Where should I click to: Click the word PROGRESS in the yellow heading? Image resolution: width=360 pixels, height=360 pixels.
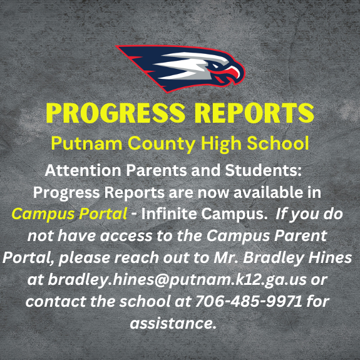click(x=111, y=113)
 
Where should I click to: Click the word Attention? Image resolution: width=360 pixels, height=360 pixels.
click(x=83, y=170)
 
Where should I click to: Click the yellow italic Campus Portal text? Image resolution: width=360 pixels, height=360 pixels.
click(x=69, y=213)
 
